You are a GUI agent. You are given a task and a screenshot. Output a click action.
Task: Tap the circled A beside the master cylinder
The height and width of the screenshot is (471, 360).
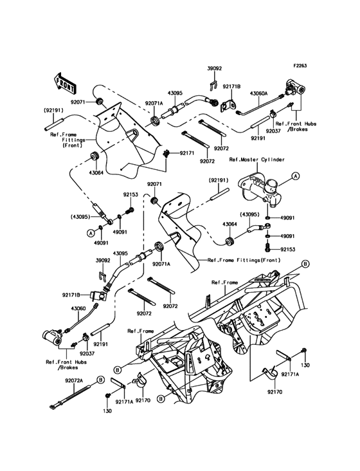point(296,175)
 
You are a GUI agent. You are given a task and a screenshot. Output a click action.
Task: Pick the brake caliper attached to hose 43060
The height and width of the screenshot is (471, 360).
point(52,335)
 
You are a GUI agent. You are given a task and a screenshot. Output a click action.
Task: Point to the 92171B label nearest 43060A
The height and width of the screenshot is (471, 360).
point(231,86)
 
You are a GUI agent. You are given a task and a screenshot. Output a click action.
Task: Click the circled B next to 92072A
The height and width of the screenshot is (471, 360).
point(101,382)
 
